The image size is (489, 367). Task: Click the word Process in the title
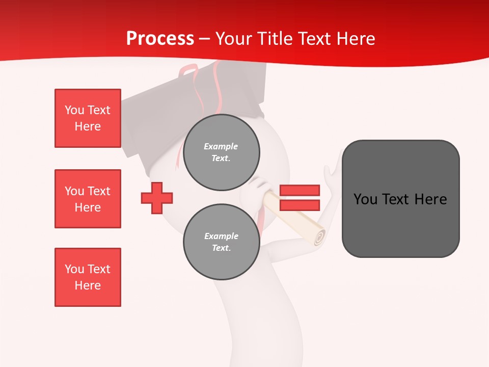click(x=160, y=39)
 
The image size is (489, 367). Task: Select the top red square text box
click(x=88, y=118)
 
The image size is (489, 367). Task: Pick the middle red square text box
click(x=88, y=199)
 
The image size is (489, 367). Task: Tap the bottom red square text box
click(x=88, y=277)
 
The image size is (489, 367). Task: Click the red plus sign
click(x=157, y=198)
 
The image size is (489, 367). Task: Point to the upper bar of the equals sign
click(x=300, y=190)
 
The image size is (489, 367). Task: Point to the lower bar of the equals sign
click(x=300, y=205)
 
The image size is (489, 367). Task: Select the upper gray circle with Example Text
click(x=222, y=152)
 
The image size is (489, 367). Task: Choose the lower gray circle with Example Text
click(x=222, y=242)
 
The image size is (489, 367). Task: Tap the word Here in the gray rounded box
click(x=430, y=199)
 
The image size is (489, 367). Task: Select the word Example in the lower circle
click(x=221, y=236)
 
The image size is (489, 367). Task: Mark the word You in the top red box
click(x=74, y=110)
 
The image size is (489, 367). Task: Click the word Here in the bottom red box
click(x=88, y=285)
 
